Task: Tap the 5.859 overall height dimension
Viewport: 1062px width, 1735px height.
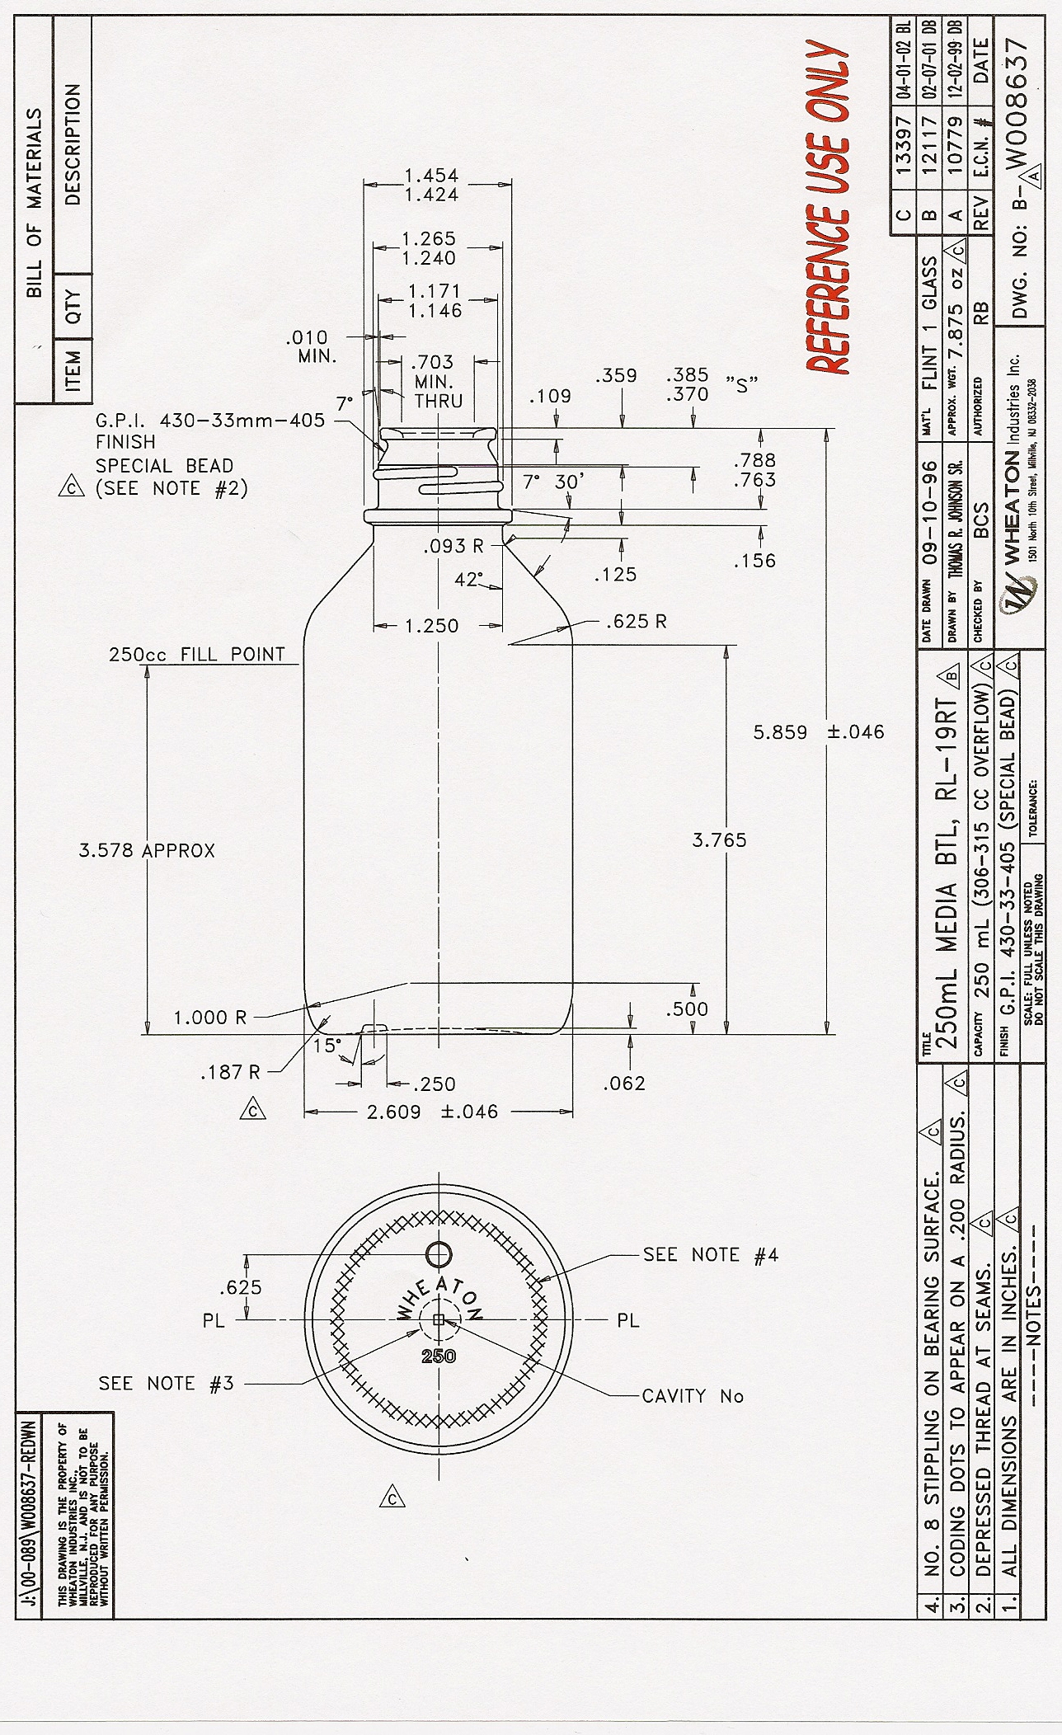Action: pos(779,731)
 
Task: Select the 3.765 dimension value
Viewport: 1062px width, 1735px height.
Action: pos(719,840)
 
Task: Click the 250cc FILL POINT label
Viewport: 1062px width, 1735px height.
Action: pos(196,655)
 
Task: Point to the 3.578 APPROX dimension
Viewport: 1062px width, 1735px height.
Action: pos(147,850)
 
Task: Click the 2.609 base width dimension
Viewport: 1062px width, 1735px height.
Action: pos(393,1112)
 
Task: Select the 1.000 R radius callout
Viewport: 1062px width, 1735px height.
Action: pos(209,1018)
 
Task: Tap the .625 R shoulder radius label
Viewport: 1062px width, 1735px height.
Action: pos(636,622)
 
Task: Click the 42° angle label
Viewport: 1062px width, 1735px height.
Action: pos(468,580)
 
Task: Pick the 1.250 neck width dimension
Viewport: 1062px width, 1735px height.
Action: pos(432,626)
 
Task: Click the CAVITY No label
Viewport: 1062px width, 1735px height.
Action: pos(693,1396)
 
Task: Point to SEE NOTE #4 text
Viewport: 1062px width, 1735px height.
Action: pos(710,1255)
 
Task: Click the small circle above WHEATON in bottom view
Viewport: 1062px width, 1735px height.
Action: pos(439,1254)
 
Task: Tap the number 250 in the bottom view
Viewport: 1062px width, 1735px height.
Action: pos(438,1356)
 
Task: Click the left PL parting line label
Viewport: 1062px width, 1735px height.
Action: pos(214,1321)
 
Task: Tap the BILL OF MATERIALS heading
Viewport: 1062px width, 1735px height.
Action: pos(35,202)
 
